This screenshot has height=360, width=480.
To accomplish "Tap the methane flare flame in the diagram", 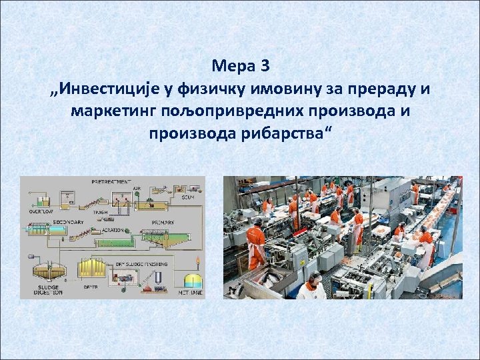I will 197,259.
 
